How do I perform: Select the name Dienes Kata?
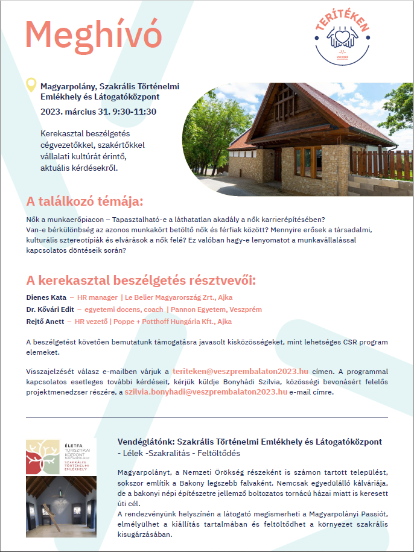46,297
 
